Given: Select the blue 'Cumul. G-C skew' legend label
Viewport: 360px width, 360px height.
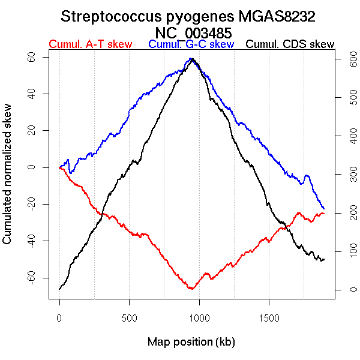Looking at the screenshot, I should [x=191, y=44].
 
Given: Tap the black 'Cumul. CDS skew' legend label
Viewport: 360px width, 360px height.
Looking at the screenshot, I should [x=290, y=44].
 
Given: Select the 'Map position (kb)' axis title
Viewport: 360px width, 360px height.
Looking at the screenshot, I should [x=191, y=342].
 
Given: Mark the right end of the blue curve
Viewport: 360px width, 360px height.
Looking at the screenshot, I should [x=324, y=208].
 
